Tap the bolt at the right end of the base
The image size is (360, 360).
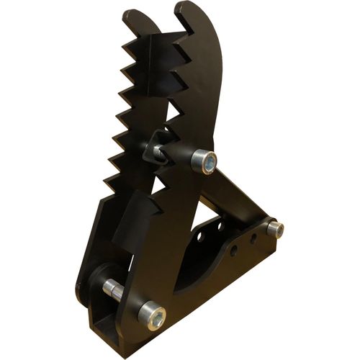274,229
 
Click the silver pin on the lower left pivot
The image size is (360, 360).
113,290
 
